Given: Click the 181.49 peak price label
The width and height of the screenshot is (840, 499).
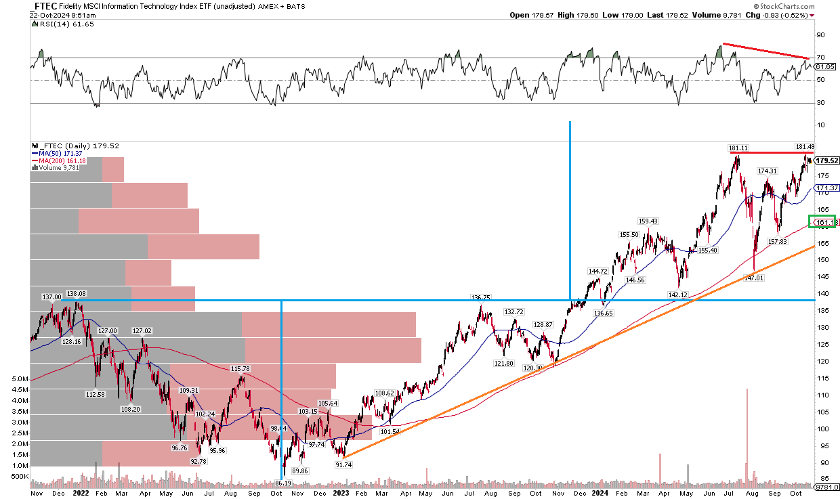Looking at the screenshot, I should coord(804,146).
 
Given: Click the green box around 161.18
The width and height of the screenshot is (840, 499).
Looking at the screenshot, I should coord(822,221).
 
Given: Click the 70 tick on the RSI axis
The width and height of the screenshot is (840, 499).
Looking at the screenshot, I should coord(820,58).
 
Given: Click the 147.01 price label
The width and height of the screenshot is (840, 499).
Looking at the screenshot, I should coord(755,278).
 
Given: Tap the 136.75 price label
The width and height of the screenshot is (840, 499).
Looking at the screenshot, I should coord(481,297).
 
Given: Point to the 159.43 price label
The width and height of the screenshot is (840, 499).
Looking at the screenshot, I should coord(648,221).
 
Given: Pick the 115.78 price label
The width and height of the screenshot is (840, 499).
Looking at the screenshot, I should coord(240,369).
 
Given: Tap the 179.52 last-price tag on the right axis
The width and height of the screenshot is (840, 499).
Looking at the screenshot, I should coord(826,160).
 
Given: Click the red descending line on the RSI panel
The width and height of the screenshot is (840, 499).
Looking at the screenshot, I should coord(765,51).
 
